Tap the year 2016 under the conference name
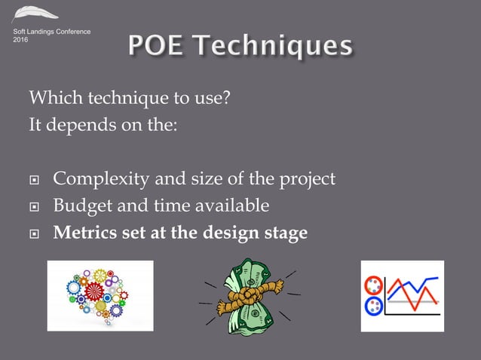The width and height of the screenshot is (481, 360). point(23,39)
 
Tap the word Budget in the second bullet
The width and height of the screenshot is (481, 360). point(80,206)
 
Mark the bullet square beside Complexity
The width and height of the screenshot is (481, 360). point(33,181)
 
